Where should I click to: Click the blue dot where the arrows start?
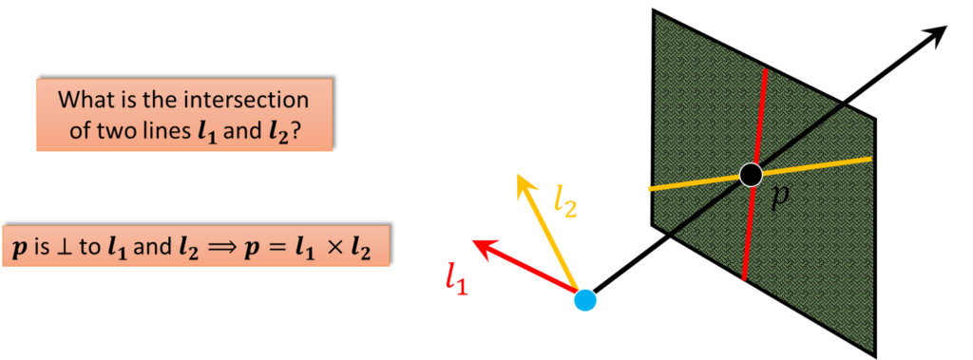tap(585, 301)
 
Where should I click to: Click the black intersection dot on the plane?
tap(751, 174)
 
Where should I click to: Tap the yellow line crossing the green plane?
tap(827, 163)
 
